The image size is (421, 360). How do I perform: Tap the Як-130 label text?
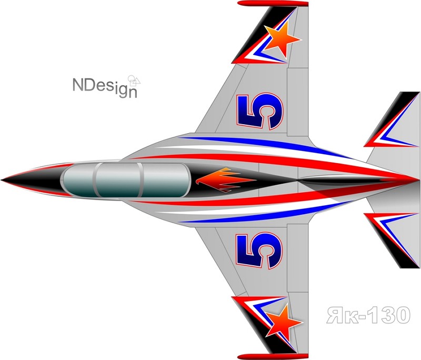[368, 315]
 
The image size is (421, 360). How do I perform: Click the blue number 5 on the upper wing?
[260, 111]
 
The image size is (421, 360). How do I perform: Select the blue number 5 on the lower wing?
[259, 251]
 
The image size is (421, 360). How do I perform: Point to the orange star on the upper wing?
[282, 39]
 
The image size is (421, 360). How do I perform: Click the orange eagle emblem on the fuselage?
[225, 180]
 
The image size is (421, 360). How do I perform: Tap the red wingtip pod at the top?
[273, 4]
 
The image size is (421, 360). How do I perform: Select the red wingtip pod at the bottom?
[273, 356]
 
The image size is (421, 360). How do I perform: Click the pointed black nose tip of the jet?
[2, 179]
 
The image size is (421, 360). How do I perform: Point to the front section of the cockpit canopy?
[79, 181]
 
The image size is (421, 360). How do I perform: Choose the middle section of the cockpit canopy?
[118, 180]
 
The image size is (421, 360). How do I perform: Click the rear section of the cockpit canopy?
[166, 180]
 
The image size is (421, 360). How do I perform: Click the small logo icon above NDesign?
[134, 81]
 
